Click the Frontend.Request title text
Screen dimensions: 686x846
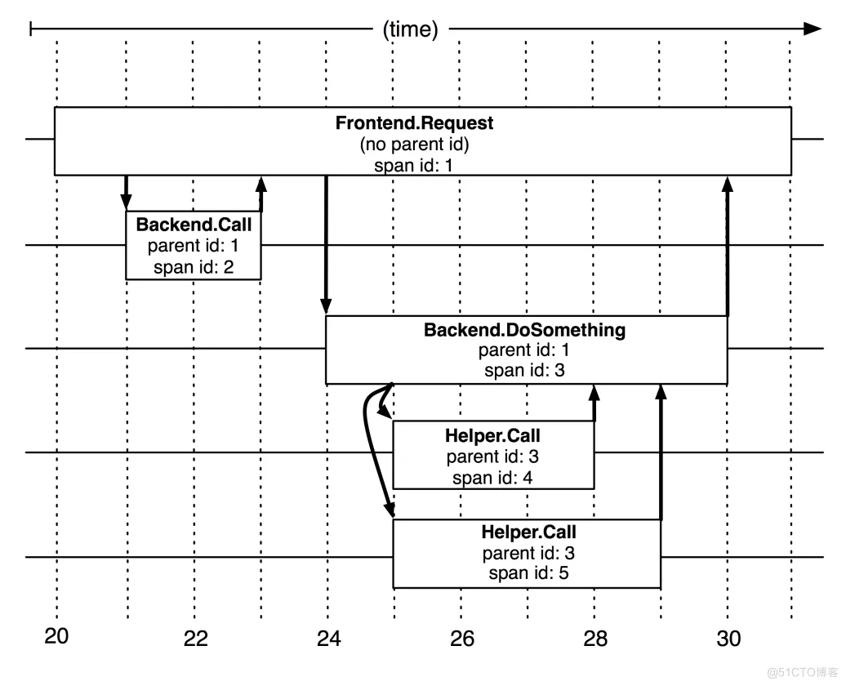click(415, 123)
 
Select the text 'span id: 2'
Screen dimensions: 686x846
click(194, 266)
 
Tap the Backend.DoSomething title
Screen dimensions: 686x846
click(524, 331)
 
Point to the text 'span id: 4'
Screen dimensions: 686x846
click(492, 478)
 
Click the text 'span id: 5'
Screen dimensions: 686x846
click(528, 572)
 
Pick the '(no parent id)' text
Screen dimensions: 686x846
click(415, 145)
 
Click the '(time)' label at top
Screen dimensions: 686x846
click(410, 30)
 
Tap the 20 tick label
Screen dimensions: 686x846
click(57, 636)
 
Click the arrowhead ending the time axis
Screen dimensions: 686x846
click(812, 29)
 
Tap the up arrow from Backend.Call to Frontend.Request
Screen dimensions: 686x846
click(261, 194)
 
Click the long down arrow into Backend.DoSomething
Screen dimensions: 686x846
click(327, 245)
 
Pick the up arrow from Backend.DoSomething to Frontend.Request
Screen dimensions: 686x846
click(728, 245)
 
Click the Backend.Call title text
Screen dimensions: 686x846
click(194, 225)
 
